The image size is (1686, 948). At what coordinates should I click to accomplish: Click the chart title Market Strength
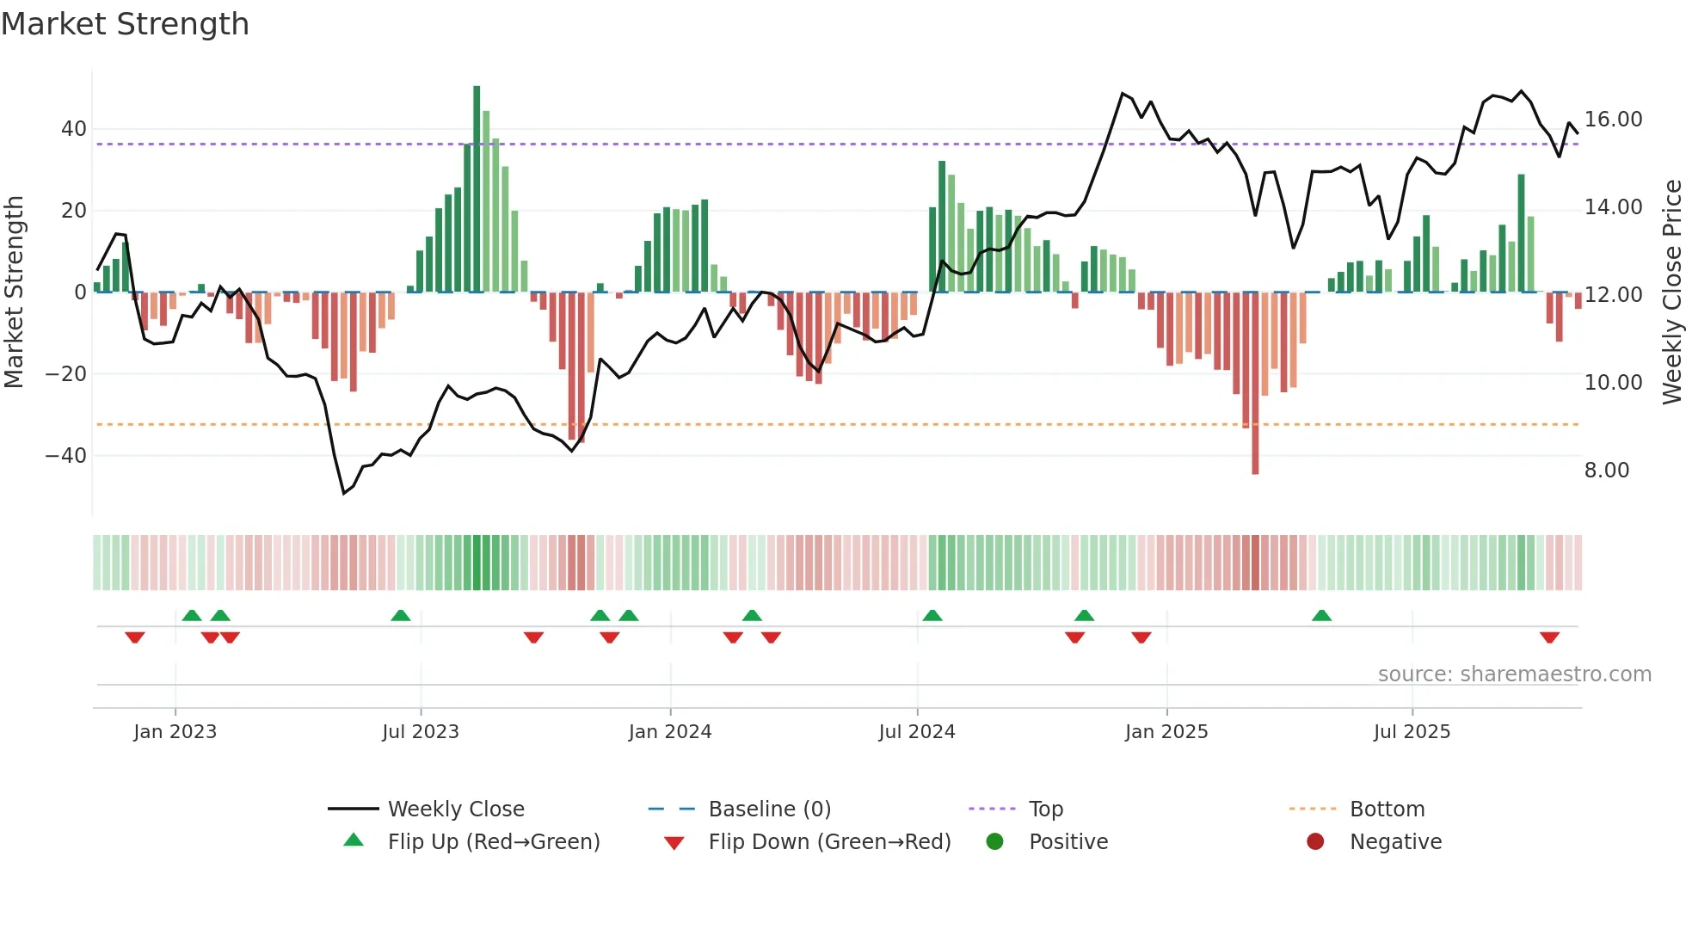coord(125,24)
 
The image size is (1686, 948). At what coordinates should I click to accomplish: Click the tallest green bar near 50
coord(477,189)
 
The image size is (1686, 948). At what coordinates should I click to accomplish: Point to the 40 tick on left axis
coord(74,129)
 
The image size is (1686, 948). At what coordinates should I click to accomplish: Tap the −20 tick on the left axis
coord(66,374)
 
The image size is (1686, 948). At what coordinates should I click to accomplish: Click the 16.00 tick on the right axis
coord(1613,120)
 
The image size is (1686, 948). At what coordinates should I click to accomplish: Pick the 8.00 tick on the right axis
coord(1606,471)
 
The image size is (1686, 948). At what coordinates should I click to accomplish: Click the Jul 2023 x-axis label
coord(421,732)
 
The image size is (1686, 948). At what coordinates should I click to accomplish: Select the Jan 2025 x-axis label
coord(1166,732)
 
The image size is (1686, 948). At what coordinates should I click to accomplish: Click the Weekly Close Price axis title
coord(1671,292)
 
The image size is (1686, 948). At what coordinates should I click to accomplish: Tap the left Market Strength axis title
coord(14,292)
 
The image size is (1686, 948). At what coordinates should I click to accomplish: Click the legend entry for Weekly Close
coord(456,809)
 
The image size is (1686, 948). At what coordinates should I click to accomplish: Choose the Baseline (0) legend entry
coord(769,809)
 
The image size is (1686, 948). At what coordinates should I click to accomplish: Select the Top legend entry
coord(1046,809)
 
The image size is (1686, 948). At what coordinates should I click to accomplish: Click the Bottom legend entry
coord(1387,809)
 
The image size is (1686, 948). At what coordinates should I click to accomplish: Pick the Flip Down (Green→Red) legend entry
coord(829,842)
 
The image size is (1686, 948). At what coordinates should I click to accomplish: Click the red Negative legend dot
coord(1315,842)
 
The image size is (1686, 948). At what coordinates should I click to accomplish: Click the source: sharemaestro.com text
coord(1514,674)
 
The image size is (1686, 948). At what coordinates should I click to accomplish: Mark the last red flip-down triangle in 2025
coord(1550,637)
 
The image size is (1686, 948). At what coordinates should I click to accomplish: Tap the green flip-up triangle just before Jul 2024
coord(932,615)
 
